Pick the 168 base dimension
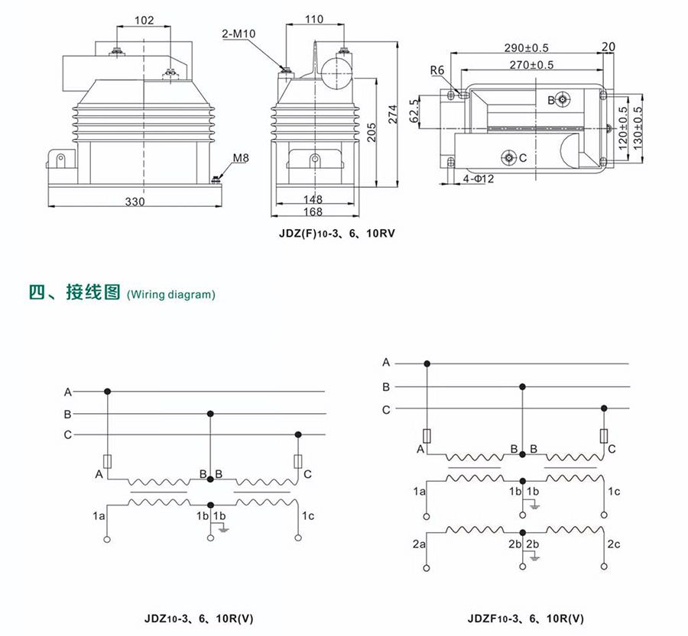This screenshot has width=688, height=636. pyautogui.click(x=313, y=211)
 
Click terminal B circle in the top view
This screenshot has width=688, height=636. pyautogui.click(x=563, y=99)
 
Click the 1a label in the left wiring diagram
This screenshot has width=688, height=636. pyautogui.click(x=99, y=517)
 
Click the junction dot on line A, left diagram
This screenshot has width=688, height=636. pyautogui.click(x=108, y=392)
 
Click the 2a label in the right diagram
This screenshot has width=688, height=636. pyautogui.click(x=419, y=544)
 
